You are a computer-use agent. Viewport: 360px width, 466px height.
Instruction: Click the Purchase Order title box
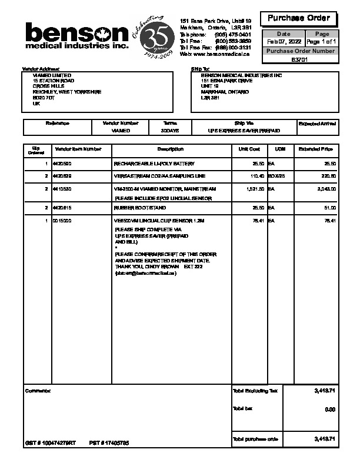[x=299, y=18]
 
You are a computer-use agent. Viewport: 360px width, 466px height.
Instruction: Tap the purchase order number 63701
[x=299, y=59]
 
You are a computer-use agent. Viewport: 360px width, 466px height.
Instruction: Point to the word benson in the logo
[x=76, y=32]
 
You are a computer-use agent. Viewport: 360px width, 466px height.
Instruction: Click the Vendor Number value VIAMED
[x=121, y=131]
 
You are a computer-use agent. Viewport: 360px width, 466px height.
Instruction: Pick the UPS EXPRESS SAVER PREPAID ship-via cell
[x=244, y=131]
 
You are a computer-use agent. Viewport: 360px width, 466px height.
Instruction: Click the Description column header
[x=170, y=149]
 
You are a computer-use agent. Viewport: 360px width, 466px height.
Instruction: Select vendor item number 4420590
[x=62, y=163]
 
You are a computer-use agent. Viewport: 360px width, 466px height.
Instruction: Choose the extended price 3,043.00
[x=326, y=189]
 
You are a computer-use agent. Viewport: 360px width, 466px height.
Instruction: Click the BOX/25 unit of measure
[x=276, y=176]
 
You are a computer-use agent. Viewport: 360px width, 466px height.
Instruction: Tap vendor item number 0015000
[x=62, y=221]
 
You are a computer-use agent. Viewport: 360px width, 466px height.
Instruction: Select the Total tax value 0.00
[x=329, y=409]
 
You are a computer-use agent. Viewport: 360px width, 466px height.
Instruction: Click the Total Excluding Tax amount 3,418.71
[x=325, y=391]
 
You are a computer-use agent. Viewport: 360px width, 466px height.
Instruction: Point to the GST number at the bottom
[x=51, y=442]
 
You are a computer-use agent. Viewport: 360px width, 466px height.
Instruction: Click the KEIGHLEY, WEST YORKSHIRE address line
[x=67, y=92]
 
